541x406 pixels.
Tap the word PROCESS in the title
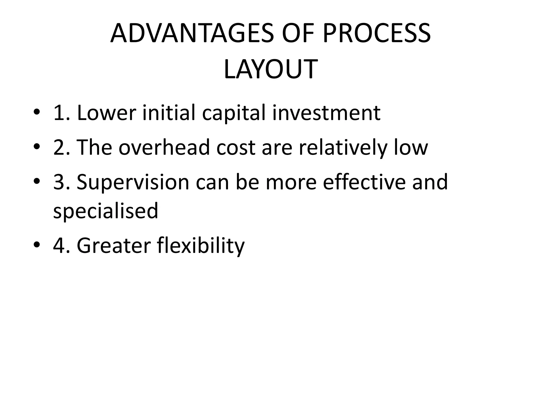pyautogui.click(x=376, y=34)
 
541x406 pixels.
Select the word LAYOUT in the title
pyautogui.click(x=270, y=70)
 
